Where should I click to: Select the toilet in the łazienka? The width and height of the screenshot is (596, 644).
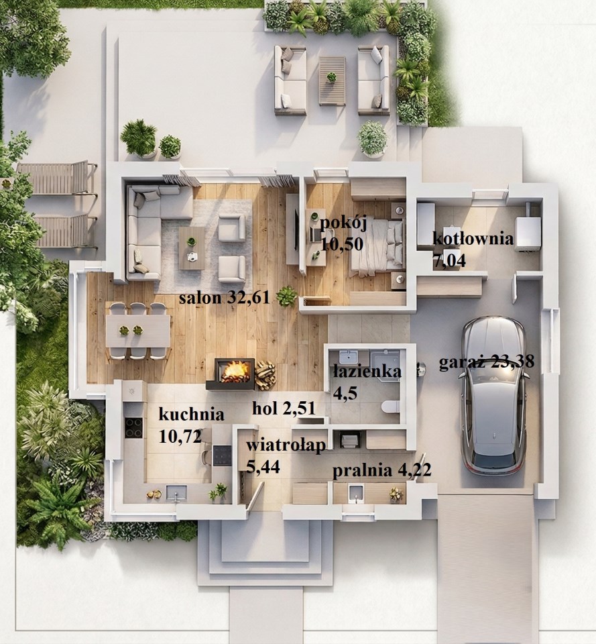390,407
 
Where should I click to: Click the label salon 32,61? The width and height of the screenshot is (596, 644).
224,297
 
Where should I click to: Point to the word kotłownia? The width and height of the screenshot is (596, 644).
473,239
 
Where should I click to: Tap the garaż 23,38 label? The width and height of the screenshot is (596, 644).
487,362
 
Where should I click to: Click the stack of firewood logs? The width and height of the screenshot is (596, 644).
265,374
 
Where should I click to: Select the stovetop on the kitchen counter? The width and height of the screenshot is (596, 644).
134,427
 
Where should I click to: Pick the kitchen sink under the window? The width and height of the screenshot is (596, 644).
176,493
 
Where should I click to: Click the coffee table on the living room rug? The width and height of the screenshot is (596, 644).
192,248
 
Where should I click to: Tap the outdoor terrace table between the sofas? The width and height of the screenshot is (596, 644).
332,80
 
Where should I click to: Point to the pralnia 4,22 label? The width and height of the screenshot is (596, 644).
381,470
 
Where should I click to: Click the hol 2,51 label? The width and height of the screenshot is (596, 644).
284,409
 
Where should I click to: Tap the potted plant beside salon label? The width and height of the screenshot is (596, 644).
286,295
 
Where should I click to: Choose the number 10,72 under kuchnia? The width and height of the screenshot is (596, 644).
180,436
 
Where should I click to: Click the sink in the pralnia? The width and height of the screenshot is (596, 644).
356,493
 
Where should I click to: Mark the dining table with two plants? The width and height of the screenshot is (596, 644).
138,330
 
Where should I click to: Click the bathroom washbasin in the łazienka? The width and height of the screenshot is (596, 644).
349,356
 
